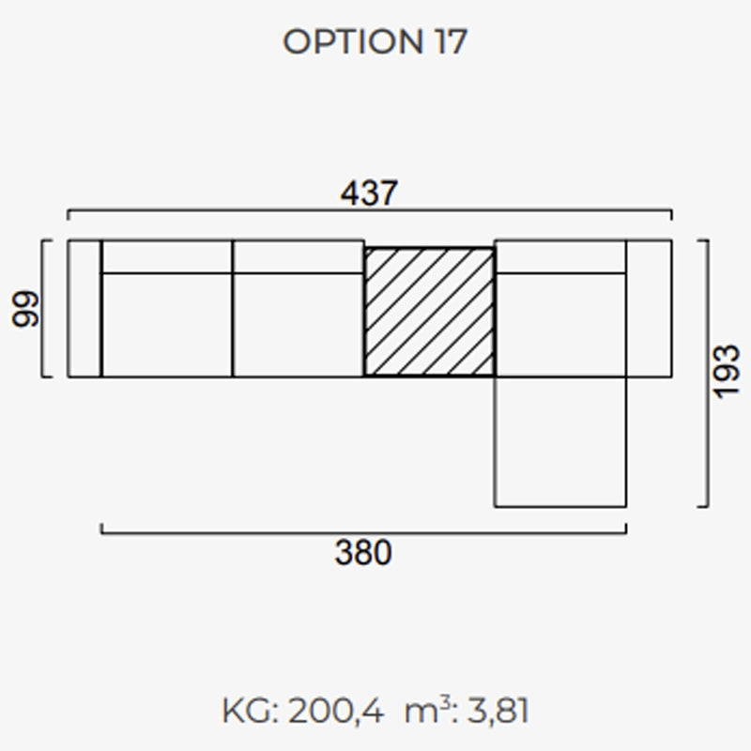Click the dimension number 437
point(369,193)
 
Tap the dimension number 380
point(363,552)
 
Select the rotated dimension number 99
point(25,309)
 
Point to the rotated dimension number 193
point(727,371)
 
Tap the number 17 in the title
point(451,41)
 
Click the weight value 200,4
point(336,711)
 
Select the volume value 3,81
point(498,711)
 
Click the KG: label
point(250,711)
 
